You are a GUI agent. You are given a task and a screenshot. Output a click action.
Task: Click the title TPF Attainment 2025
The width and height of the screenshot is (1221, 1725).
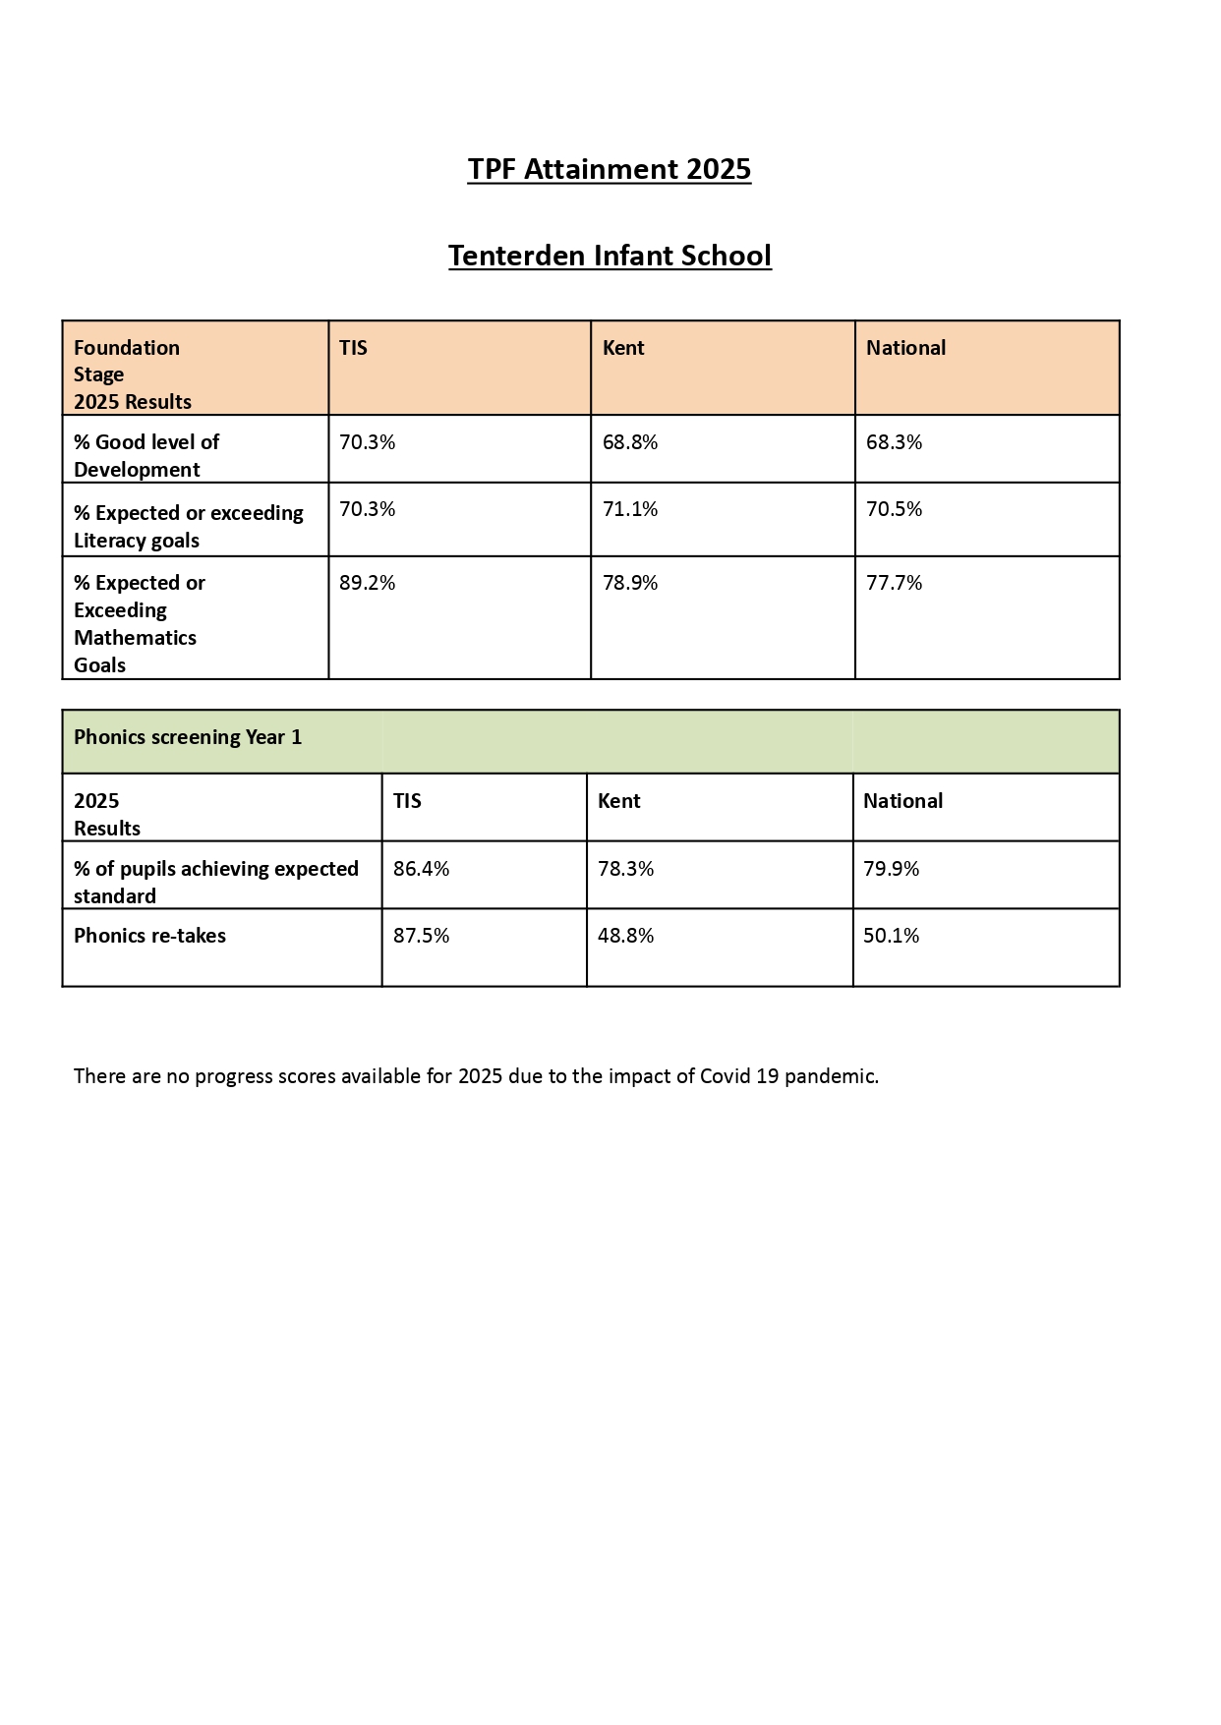(609, 169)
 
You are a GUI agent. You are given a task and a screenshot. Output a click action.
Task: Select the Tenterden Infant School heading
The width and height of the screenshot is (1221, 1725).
(610, 256)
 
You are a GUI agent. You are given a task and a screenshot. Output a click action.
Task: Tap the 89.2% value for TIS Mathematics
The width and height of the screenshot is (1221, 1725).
(367, 583)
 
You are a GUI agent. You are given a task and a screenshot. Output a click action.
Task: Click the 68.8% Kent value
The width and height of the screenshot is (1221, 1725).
(630, 442)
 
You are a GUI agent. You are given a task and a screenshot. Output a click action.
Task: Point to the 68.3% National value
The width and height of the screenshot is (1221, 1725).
(894, 442)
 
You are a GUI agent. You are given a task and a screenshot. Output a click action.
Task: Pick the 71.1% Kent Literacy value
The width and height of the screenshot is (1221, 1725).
(630, 509)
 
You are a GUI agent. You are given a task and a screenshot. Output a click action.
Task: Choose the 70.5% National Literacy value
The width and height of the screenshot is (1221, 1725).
(894, 509)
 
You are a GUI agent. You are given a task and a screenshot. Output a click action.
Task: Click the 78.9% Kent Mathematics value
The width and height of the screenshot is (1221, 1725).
(630, 583)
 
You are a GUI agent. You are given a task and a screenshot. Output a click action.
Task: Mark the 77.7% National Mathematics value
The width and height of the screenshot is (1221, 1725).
(894, 583)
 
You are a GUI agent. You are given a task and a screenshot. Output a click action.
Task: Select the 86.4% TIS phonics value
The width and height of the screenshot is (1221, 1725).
(421, 869)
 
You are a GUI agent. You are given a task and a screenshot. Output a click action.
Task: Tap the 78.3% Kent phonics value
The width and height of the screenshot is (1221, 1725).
(625, 869)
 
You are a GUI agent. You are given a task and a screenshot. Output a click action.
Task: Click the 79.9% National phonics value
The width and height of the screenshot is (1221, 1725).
(891, 869)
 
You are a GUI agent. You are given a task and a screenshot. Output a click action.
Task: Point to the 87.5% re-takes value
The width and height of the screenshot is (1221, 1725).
(421, 936)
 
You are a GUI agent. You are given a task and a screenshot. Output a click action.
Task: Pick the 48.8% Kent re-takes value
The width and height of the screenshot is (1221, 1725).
(625, 936)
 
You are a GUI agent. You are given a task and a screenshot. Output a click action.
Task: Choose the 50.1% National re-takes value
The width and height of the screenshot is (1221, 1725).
(891, 936)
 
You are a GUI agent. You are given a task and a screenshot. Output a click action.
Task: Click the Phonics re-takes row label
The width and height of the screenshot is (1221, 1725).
(149, 936)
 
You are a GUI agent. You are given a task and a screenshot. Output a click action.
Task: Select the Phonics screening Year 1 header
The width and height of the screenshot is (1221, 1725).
(188, 737)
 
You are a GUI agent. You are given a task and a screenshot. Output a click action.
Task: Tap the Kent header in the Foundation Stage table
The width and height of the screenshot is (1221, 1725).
(623, 348)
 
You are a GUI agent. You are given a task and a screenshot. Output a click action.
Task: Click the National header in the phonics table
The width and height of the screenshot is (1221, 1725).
(902, 801)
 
